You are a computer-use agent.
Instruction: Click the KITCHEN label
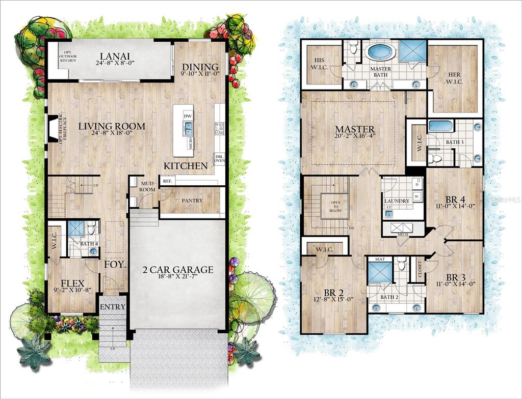click(186, 166)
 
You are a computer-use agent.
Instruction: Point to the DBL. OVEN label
click(219, 159)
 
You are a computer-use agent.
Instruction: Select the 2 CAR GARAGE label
click(177, 270)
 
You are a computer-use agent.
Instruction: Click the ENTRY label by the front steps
click(112, 307)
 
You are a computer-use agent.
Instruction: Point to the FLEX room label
click(72, 283)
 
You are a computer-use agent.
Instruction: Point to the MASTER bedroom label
click(354, 129)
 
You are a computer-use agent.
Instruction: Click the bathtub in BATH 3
click(438, 126)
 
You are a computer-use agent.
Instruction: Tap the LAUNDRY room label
click(397, 201)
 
